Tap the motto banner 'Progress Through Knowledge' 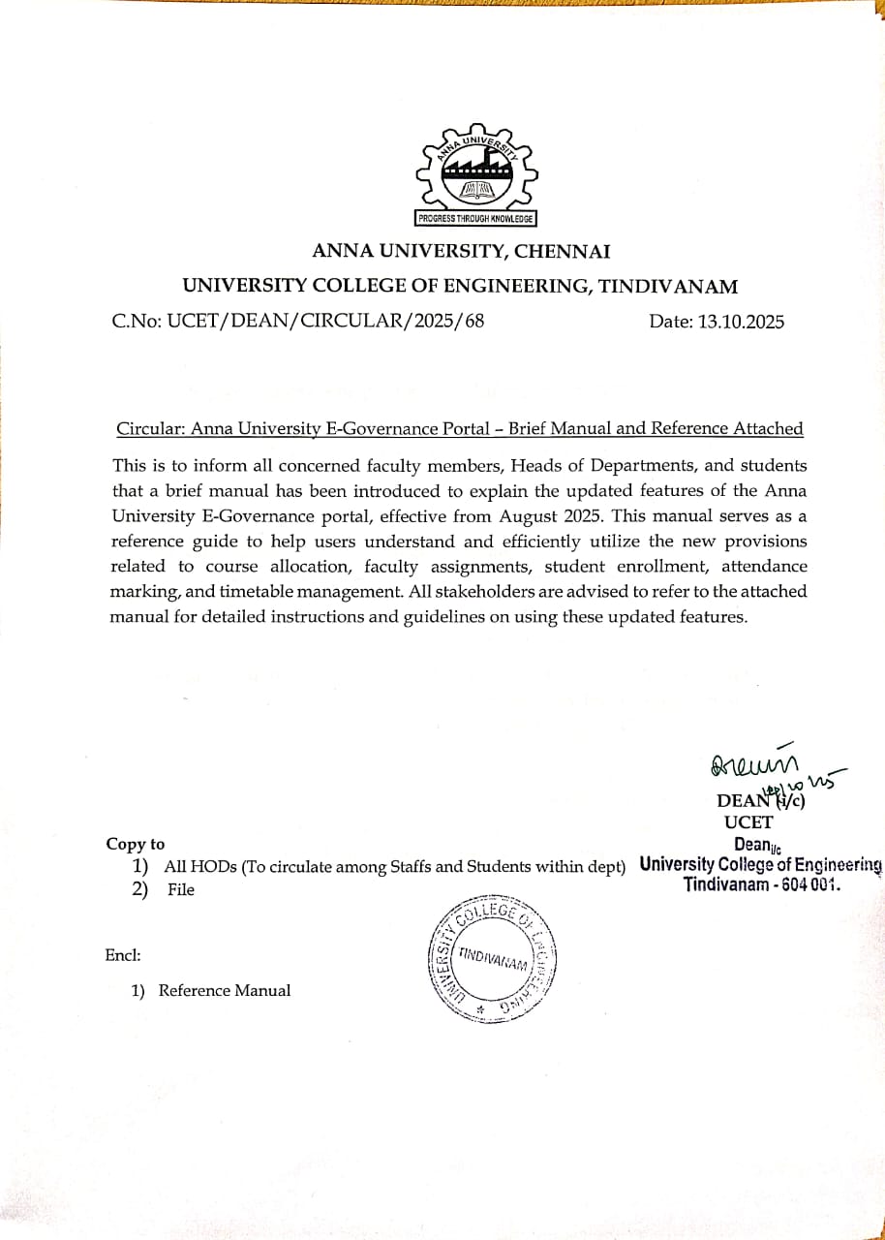coord(475,219)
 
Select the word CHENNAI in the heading coord(563,252)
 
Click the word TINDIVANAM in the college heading coord(668,287)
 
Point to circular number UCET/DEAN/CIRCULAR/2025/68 coord(298,322)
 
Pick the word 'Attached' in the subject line coord(765,428)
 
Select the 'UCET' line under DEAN coord(748,822)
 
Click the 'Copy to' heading coord(136,844)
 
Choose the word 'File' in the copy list coord(181,890)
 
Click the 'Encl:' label coord(123,955)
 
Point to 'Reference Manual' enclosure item coord(225,990)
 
